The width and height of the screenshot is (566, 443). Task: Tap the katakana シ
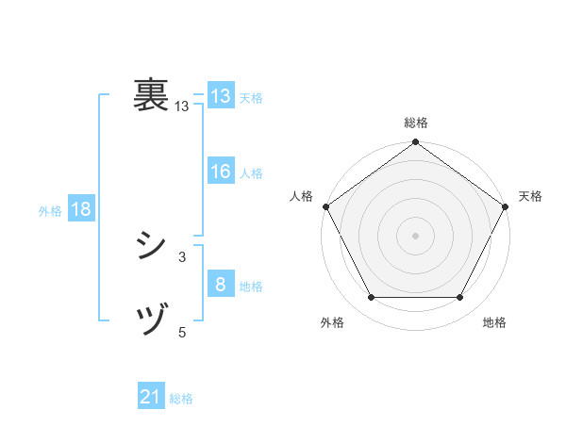(x=152, y=247)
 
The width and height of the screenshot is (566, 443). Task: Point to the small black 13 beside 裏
(x=182, y=107)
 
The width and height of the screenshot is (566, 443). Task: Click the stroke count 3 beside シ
(x=182, y=256)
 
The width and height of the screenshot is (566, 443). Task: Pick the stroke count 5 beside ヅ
(x=182, y=331)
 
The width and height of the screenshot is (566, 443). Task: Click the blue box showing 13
(x=220, y=96)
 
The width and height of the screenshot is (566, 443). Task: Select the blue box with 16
(x=220, y=172)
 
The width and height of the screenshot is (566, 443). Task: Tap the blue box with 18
(x=81, y=209)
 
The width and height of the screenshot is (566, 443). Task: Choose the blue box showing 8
(x=220, y=285)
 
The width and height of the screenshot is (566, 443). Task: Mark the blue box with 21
(x=151, y=398)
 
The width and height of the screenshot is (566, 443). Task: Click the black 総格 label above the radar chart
(x=416, y=123)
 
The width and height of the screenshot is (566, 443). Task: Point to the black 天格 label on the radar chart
(x=530, y=196)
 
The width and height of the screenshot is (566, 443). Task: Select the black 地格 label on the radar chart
(x=494, y=322)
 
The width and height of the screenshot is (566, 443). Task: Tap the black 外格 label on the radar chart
(x=332, y=322)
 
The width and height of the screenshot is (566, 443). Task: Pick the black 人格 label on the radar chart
(x=301, y=196)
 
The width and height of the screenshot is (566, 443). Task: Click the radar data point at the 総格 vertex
(x=416, y=143)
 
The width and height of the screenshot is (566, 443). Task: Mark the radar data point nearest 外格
(x=371, y=298)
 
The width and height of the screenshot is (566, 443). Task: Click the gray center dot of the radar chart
(x=416, y=235)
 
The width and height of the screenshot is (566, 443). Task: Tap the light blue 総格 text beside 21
(x=181, y=399)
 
